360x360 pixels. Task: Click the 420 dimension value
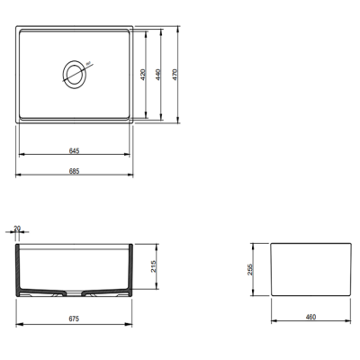tap(144, 76)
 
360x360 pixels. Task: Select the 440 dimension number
tap(158, 76)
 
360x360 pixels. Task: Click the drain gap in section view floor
tap(76, 292)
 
